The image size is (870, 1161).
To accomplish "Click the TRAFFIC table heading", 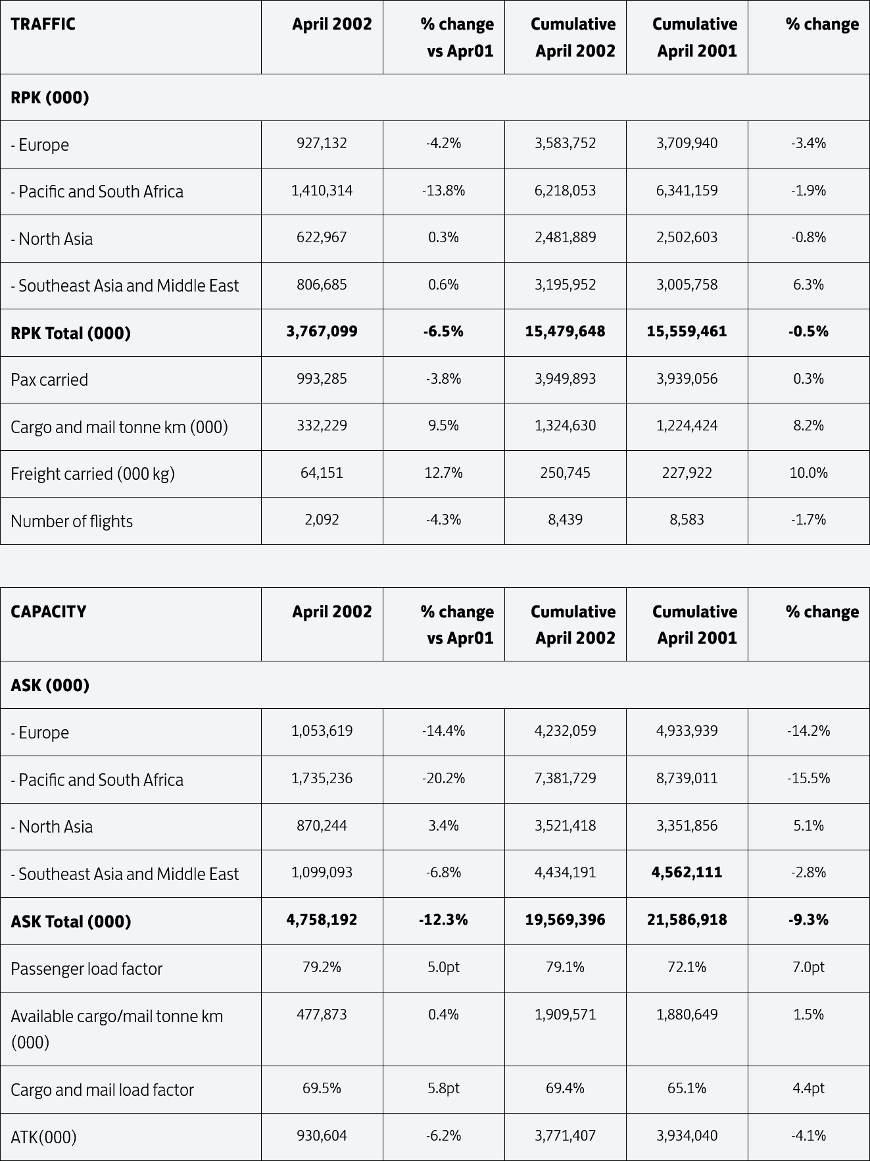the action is pos(43,24).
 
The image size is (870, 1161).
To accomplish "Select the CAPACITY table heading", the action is pos(48,611).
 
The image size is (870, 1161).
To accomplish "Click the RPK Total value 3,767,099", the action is pos(322,331).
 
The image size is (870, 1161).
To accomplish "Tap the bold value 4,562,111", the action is pos(687,872).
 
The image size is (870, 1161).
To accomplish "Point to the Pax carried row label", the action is pos(49,380).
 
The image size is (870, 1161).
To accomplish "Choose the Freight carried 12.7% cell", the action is pos(443,473).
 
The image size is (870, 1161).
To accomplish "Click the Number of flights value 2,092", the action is pos(322,519).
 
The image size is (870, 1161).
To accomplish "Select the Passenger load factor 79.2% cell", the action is pos(322,967).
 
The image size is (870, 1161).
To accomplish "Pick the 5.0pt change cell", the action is pos(443,967).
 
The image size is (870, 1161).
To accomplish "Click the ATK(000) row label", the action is pos(43,1137).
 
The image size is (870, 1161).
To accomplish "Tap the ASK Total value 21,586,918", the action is pos(687,919).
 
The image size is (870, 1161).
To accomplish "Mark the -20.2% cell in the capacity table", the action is pos(443,778).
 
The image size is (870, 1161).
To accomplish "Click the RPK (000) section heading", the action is pos(50,97).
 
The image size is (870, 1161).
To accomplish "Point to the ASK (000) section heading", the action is pos(50,685).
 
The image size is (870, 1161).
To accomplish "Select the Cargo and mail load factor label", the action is pos(102,1090).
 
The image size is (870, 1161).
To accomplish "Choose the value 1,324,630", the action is pos(565,425).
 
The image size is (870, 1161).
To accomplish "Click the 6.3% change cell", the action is pos(808,284).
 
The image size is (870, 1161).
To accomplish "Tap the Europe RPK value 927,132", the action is pos(322,143).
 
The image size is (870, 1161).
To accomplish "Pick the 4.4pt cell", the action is pos(808,1088).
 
